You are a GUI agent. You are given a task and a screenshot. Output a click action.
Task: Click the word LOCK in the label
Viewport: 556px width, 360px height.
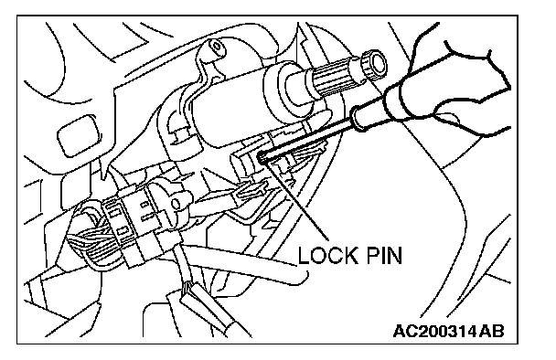coord(326,255)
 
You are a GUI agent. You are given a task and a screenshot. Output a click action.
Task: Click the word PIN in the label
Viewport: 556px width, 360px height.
coord(384,255)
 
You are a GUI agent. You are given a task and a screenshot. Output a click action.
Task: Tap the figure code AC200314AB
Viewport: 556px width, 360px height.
coord(448,331)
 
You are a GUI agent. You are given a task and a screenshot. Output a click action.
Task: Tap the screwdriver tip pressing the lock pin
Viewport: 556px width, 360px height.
coord(262,155)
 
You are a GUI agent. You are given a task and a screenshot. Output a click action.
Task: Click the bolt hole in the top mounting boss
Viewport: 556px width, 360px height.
coord(216,48)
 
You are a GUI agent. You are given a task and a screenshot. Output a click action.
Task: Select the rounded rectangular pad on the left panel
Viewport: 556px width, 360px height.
coord(79,135)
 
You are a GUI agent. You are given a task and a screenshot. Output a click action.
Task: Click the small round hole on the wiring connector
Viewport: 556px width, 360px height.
coord(176,204)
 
